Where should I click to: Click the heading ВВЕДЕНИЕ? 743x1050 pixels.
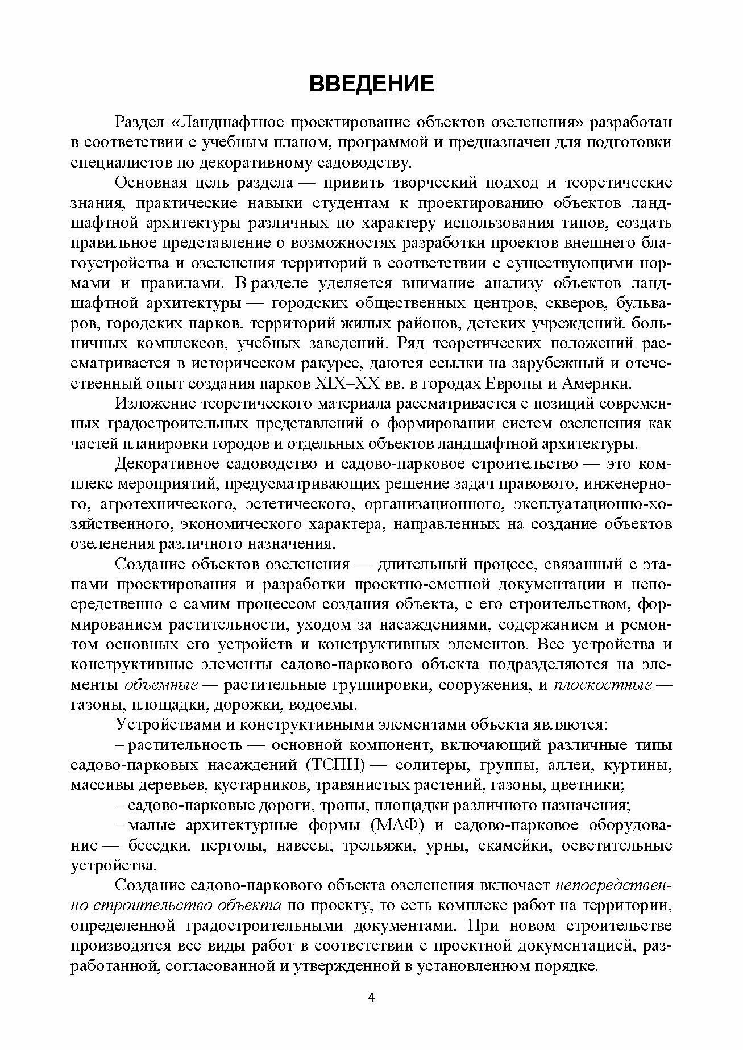371,84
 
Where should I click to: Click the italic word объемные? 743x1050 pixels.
161,685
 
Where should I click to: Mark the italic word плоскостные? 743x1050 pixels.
603,685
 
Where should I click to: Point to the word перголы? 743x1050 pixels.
230,845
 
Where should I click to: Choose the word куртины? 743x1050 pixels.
639,765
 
